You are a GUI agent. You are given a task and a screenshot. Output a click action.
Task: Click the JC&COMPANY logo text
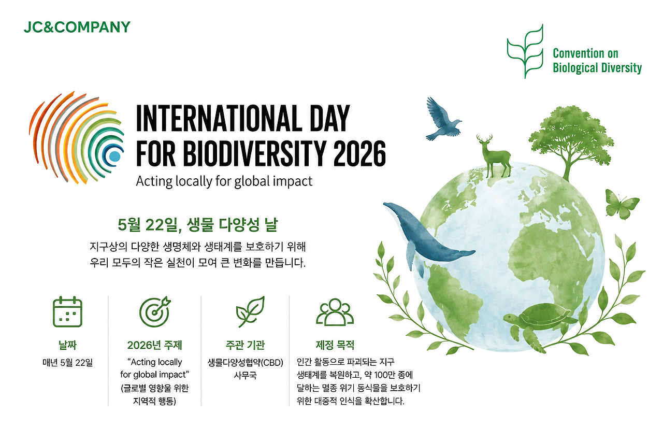pos(77,27)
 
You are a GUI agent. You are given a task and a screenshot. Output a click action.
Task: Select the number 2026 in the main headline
pos(359,153)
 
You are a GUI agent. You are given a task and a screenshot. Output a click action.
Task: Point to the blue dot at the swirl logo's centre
pos(114,156)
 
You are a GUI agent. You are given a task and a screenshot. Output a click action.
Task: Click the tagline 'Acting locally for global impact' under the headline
pos(224,181)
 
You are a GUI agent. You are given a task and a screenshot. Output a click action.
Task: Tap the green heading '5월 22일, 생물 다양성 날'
pos(198,224)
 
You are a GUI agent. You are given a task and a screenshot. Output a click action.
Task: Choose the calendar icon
pos(67,312)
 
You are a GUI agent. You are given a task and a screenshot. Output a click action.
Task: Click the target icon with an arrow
pos(155,311)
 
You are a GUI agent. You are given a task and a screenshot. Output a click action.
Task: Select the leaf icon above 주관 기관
pos(250,311)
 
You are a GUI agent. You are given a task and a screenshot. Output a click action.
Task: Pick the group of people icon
pos(335,311)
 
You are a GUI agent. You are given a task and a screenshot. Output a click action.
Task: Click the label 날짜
pos(67,345)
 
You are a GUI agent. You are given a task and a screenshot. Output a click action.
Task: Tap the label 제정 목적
pos(335,345)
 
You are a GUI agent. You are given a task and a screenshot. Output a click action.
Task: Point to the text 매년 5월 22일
pos(67,362)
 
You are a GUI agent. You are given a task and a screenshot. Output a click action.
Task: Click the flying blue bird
pos(442,119)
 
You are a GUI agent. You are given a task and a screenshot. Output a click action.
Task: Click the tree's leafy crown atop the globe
pos(571,136)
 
